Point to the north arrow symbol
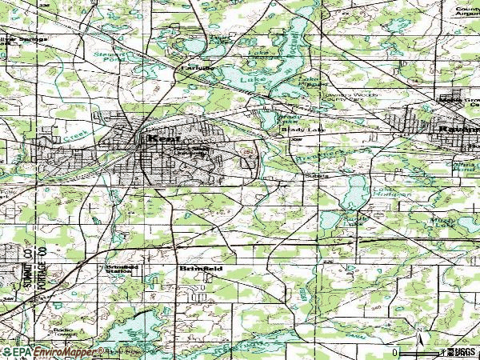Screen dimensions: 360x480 (419, 335)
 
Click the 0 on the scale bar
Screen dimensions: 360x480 (395, 352)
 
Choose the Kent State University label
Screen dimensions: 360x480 (192, 152)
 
